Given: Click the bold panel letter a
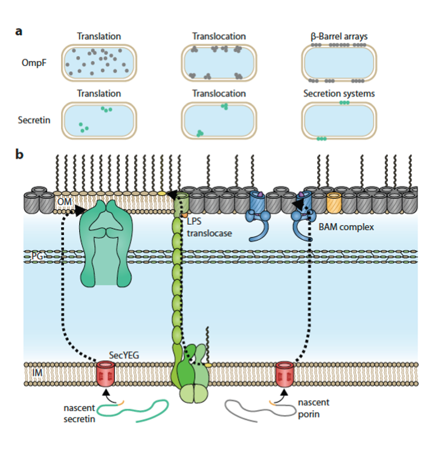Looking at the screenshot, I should pos(19,31).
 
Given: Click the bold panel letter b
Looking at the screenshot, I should pos(19,155).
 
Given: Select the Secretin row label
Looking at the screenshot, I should pos(34,120).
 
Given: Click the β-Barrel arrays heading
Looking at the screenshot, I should pos(339,36).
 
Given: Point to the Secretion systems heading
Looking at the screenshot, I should pos(339,94).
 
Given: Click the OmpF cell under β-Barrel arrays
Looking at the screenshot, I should pos(339,63).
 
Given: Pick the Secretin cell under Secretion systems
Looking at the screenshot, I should pos(339,120).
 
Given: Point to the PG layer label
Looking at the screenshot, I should pos(38,256).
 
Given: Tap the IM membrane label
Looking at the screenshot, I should pos(36,375).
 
